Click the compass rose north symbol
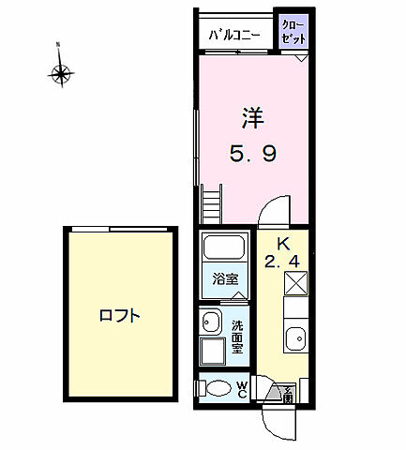(x=63, y=70)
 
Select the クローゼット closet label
(x=294, y=31)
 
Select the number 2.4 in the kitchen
(x=282, y=262)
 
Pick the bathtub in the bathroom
(x=223, y=248)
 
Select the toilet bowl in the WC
(x=218, y=388)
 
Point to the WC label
(x=242, y=388)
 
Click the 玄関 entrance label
(x=288, y=395)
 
